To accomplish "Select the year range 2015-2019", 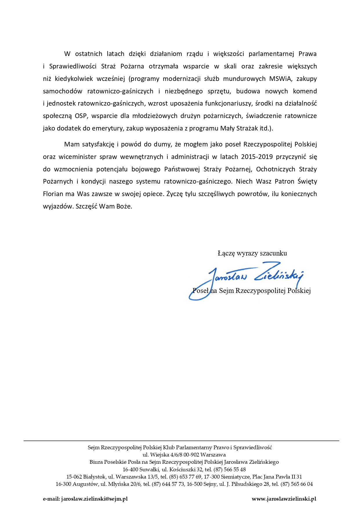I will click(257, 157).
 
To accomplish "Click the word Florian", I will click(53, 194).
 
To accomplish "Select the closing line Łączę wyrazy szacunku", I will click(252, 253).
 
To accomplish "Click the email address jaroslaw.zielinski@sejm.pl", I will click(94, 499).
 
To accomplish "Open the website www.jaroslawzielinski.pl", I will click(284, 499).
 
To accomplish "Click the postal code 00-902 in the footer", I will click(191, 455).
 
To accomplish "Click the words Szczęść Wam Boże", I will click(104, 206).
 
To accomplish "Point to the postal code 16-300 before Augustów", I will click(63, 484).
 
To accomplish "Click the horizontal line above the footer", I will click(181, 441).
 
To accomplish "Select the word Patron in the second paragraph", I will click(284, 181).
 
